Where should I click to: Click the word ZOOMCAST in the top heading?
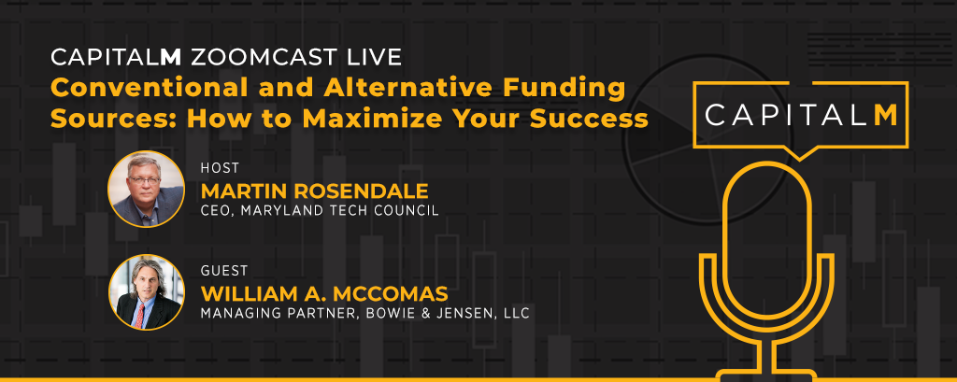[263, 57]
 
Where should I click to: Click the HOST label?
[221, 168]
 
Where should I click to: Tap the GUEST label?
[224, 270]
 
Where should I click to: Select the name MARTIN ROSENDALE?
[315, 191]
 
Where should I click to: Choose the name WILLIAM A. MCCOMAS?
[324, 293]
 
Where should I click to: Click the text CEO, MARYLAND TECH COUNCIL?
[320, 211]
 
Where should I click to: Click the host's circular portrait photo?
[147, 190]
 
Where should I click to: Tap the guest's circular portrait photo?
[147, 291]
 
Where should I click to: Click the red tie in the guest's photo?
[141, 315]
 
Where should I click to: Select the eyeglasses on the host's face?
[143, 180]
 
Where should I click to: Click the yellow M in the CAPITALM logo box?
[885, 115]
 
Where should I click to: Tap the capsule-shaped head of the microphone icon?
[767, 238]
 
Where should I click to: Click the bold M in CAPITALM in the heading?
[171, 57]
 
